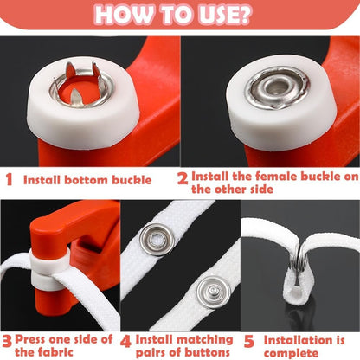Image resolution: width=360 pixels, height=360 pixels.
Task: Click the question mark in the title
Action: (245, 14)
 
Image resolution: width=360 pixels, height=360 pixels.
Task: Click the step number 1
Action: (10, 180)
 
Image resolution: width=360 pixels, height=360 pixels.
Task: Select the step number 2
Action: (183, 178)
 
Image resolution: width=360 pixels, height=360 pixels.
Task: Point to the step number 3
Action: (7, 341)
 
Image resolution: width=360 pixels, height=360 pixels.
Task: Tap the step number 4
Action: (125, 342)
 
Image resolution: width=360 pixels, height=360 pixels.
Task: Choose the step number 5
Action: (248, 342)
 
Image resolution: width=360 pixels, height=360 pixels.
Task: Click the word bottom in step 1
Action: (87, 180)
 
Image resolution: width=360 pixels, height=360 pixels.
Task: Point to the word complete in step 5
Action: (292, 353)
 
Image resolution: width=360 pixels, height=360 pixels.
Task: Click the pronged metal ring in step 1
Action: (81, 84)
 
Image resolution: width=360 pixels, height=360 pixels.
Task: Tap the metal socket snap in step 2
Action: (277, 87)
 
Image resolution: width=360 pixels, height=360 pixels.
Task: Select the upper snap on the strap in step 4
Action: (157, 239)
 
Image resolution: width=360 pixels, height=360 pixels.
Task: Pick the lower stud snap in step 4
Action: (214, 292)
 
